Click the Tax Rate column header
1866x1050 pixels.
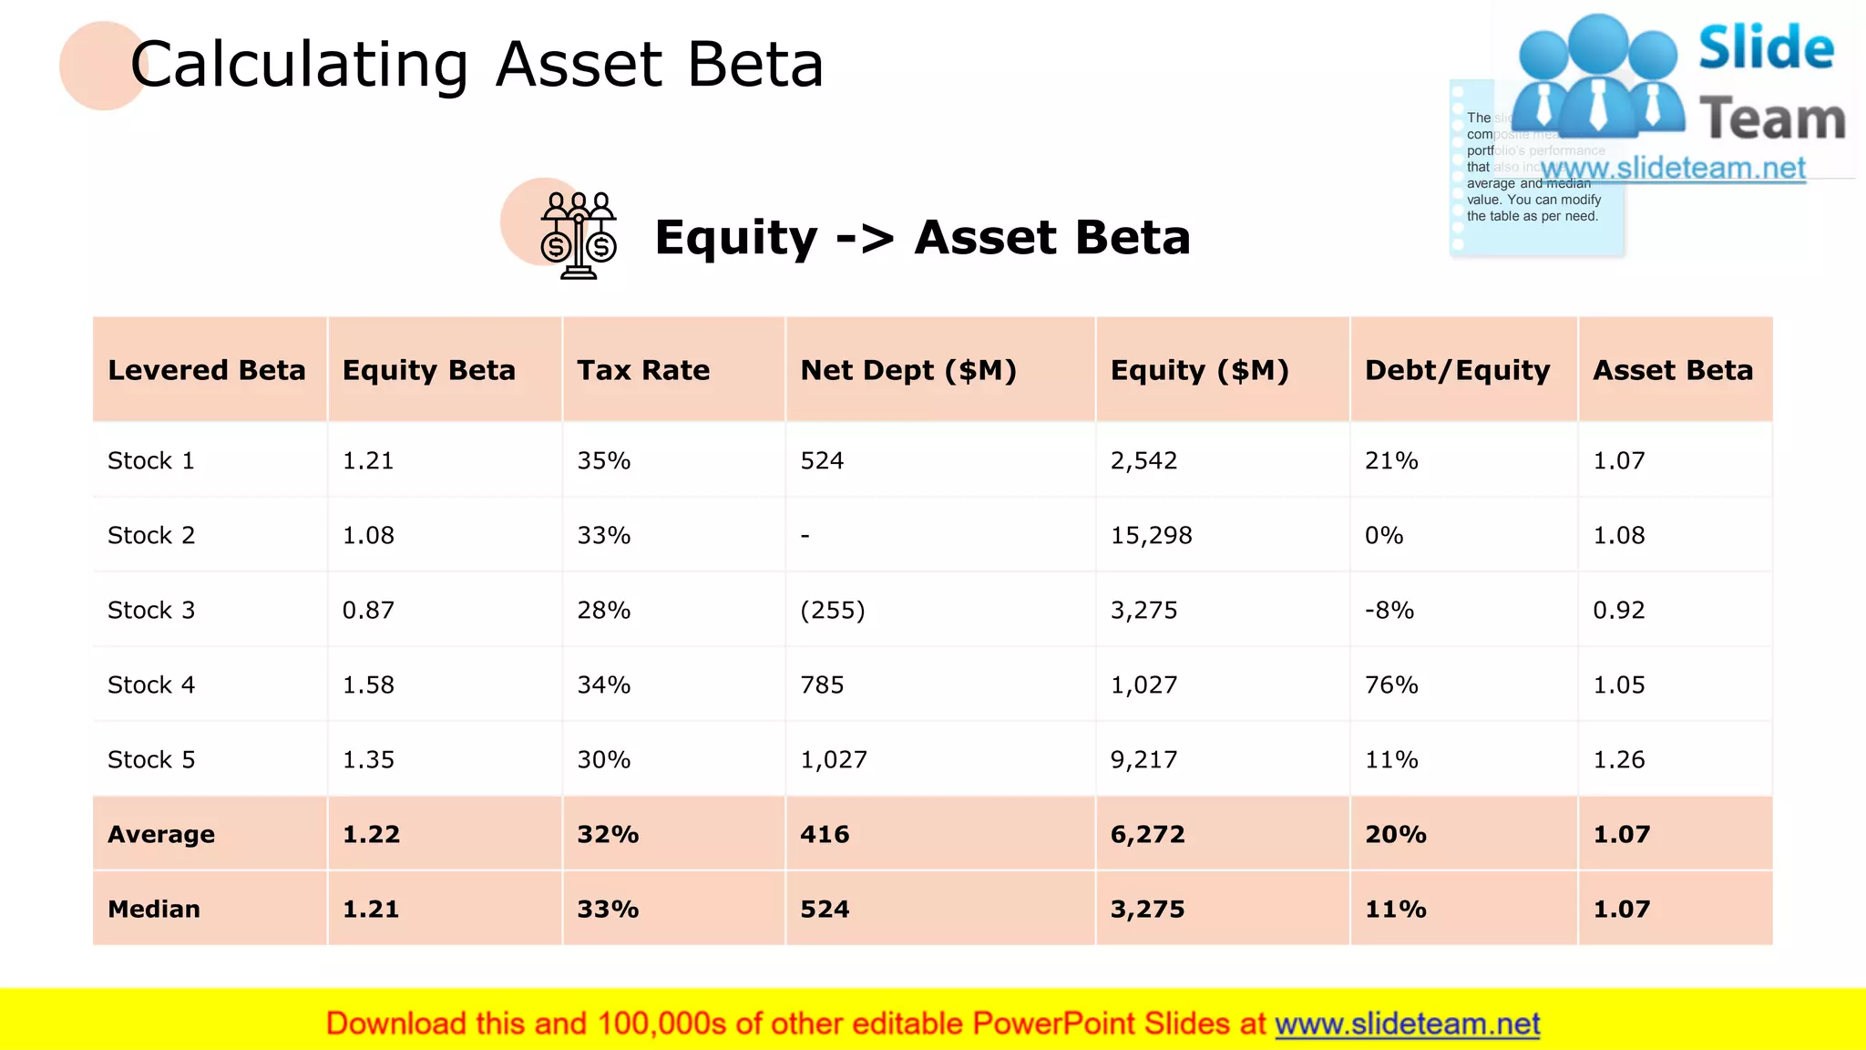click(642, 370)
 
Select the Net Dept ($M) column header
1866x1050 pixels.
click(907, 370)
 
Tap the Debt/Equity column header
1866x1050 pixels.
click(1456, 370)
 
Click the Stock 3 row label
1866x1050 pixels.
click(151, 610)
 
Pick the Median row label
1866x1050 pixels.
click(153, 909)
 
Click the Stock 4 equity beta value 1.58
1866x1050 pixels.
click(368, 685)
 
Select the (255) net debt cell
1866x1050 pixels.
click(832, 610)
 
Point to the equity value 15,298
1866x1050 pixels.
click(1151, 535)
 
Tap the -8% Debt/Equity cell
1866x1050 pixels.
click(1389, 610)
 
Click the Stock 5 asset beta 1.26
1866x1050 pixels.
click(1618, 759)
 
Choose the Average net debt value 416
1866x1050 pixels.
click(825, 834)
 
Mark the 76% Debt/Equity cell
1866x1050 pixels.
click(1391, 685)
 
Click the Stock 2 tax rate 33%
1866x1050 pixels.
click(603, 535)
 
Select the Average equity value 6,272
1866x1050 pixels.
click(1147, 834)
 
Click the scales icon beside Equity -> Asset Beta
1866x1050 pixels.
click(578, 235)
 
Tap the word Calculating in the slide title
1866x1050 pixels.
click(299, 65)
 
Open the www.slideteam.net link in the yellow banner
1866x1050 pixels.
click(1407, 1024)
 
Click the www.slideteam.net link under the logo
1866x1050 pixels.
click(1673, 169)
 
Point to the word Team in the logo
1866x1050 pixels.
click(1771, 119)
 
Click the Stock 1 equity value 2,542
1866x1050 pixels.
click(1143, 460)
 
